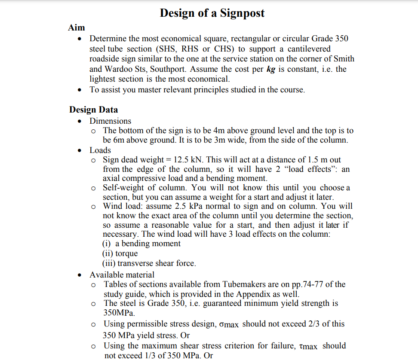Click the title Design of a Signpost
click(x=212, y=13)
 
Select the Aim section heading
click(x=77, y=28)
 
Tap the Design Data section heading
click(x=93, y=110)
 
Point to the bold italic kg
click(x=270, y=69)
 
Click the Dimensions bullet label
click(x=110, y=121)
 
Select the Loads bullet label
click(x=100, y=150)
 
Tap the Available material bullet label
click(x=122, y=275)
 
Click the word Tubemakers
click(x=243, y=284)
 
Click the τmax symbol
click(x=307, y=346)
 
